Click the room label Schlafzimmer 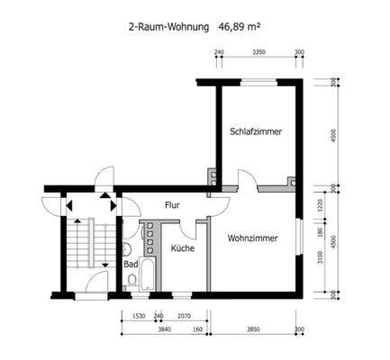coord(256,131)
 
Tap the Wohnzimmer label coord(251,239)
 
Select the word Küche coord(183,248)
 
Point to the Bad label coord(132,265)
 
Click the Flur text coord(172,205)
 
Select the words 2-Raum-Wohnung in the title coord(170,28)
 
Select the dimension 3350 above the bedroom coord(258,54)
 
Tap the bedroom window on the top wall coord(258,80)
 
